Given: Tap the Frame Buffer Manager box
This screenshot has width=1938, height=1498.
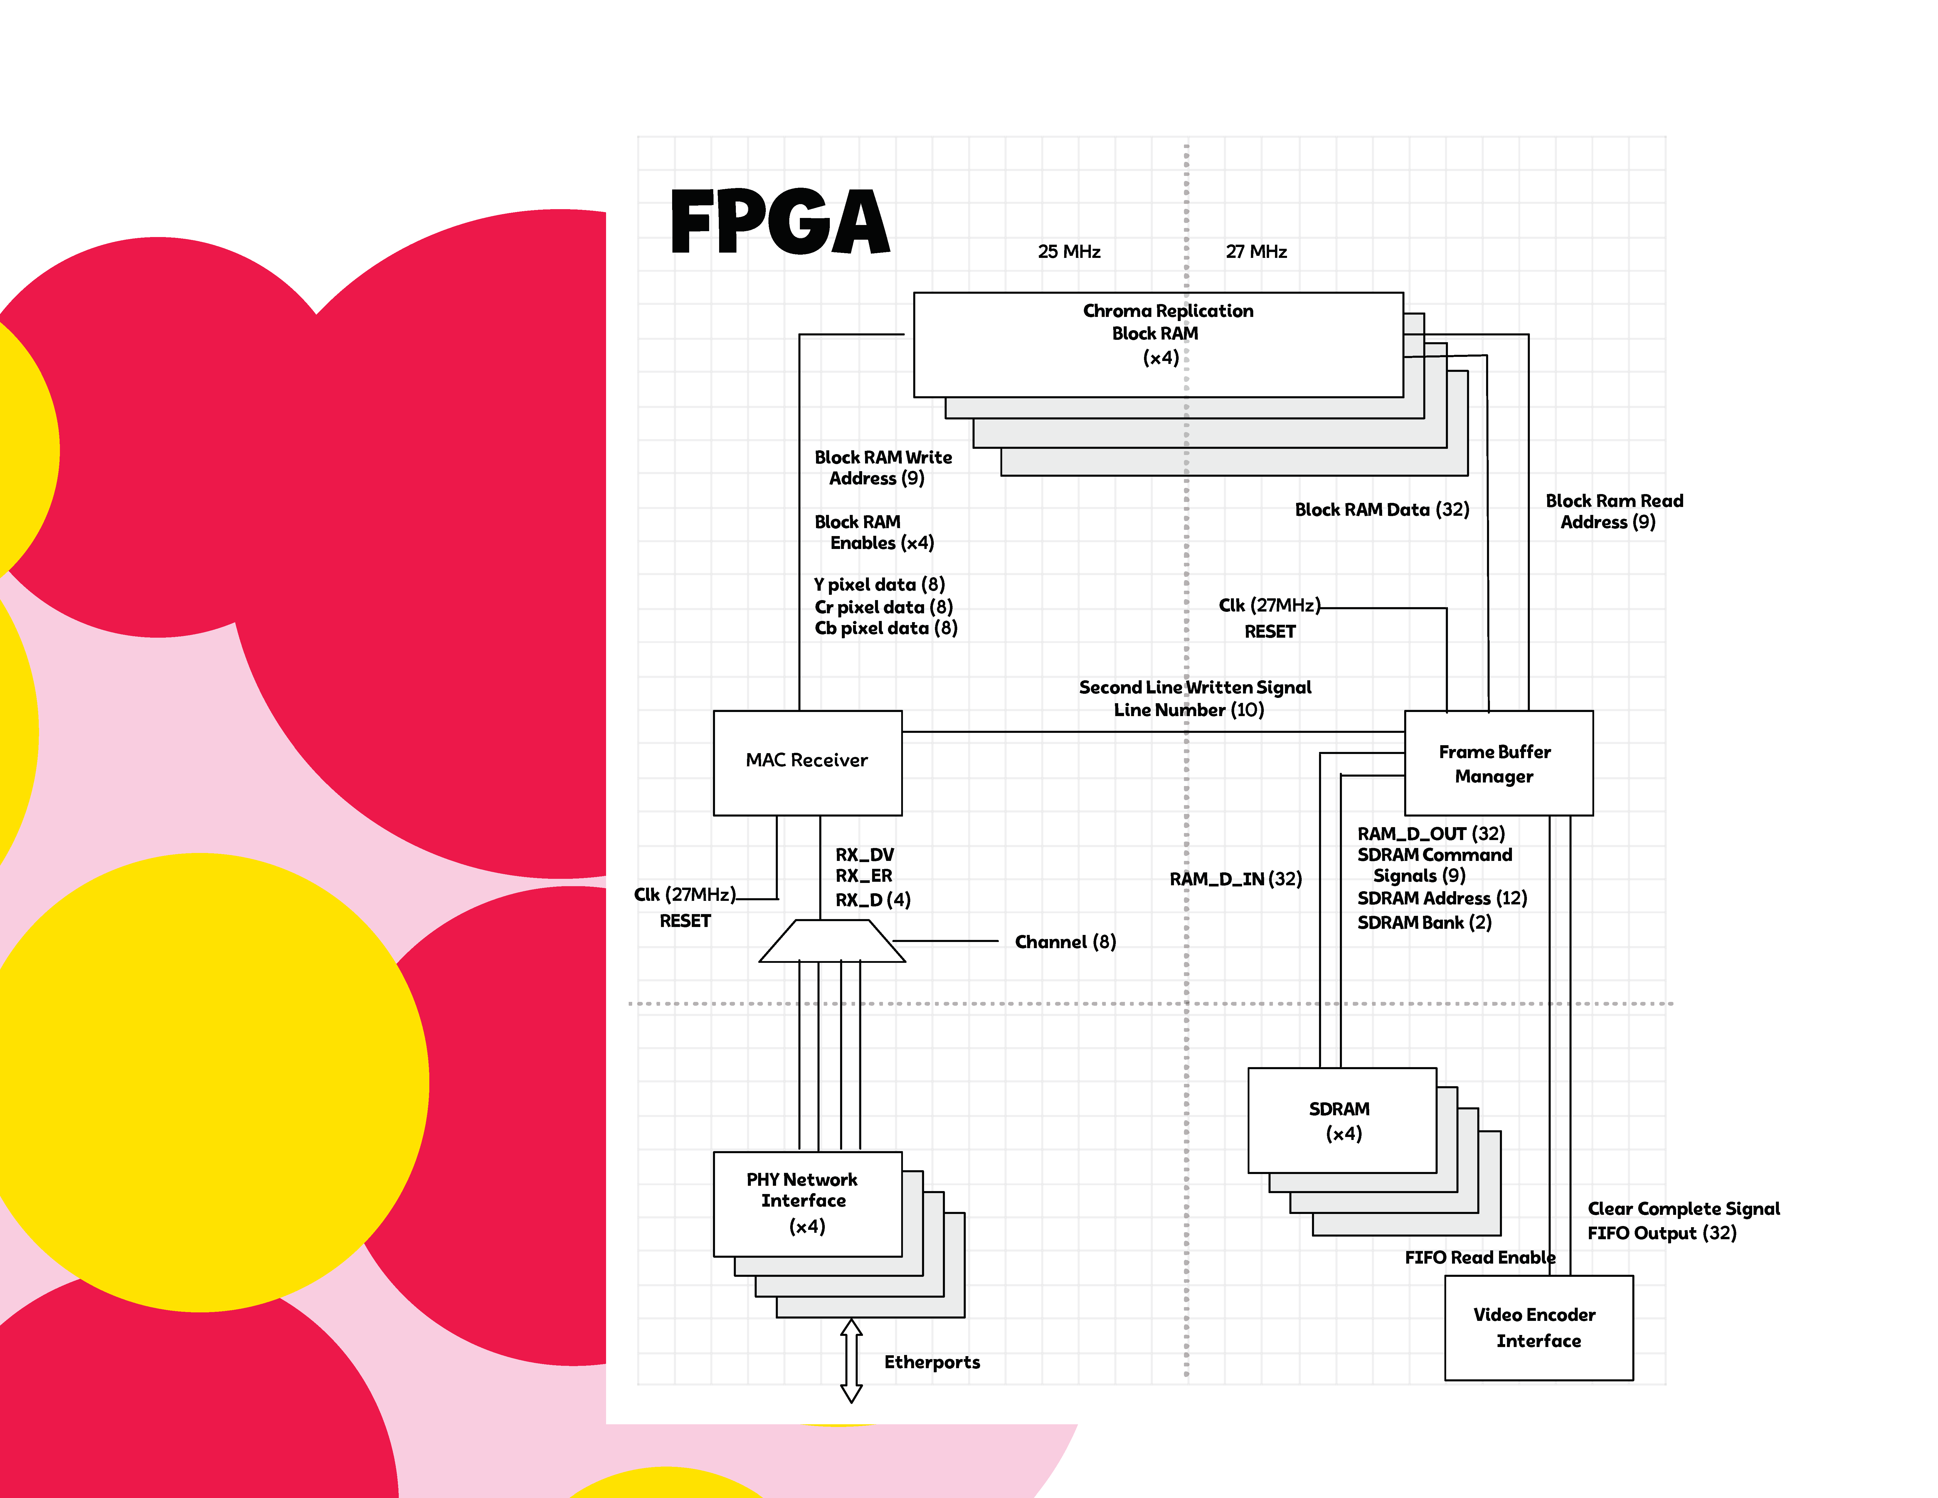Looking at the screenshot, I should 1498,763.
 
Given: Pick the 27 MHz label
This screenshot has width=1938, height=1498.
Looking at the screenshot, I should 1256,252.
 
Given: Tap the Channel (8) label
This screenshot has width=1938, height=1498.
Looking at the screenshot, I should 1065,942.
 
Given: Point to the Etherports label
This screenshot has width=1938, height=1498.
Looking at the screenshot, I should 932,1362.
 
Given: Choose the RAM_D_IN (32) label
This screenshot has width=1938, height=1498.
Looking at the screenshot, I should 1235,879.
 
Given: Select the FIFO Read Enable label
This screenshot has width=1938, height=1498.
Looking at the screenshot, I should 1479,1257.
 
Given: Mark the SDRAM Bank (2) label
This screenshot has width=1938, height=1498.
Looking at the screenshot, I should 1424,923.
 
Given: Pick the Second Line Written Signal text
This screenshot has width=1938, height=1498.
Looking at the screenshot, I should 1195,688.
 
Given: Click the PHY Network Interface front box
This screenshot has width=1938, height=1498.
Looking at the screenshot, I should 807,1203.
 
